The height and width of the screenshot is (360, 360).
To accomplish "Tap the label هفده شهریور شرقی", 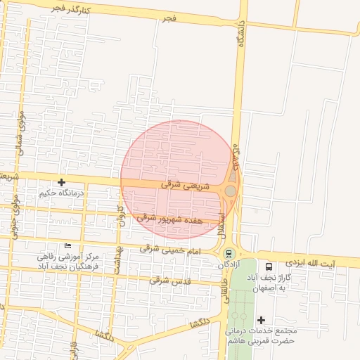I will (169, 219).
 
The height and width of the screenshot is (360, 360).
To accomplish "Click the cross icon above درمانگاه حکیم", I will (62, 182).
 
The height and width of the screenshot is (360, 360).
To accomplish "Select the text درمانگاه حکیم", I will (62, 193).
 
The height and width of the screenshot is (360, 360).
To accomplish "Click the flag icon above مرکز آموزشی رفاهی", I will (67, 245).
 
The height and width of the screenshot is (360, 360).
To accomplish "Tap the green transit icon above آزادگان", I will (227, 254).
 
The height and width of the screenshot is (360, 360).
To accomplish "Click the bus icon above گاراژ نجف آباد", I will (269, 266).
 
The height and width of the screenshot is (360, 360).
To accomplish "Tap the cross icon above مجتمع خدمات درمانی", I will (261, 320).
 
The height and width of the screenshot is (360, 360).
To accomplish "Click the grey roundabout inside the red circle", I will (230, 191).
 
